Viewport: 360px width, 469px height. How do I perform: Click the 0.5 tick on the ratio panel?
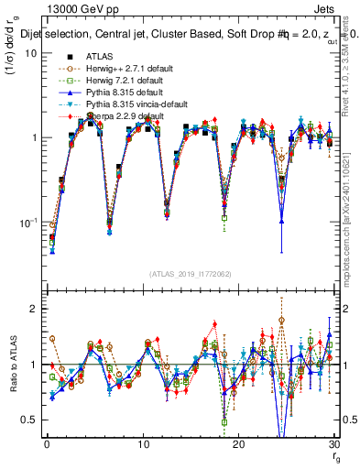[29, 420]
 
